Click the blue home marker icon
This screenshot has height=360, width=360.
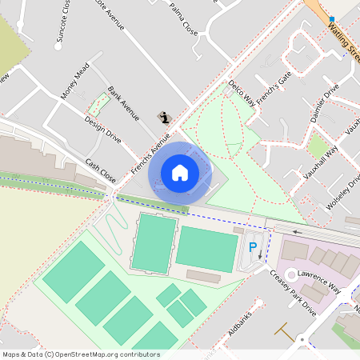(180, 173)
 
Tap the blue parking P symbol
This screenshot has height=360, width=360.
(254, 248)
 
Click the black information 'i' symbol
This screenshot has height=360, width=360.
(166, 118)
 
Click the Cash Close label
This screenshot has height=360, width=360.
(101, 169)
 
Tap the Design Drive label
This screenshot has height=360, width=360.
(102, 129)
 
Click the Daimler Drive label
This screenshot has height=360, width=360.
(325, 102)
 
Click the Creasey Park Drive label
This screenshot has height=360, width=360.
(293, 292)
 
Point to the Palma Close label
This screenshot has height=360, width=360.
(184, 20)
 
